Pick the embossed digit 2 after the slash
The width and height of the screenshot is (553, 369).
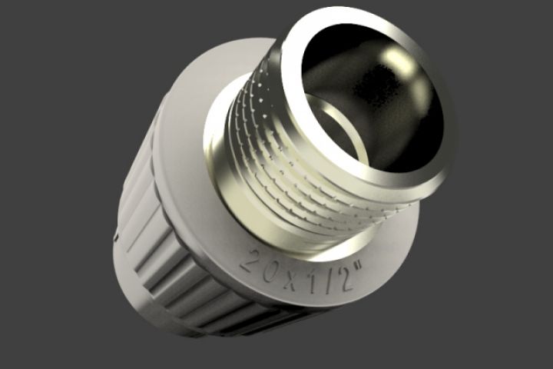345,279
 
